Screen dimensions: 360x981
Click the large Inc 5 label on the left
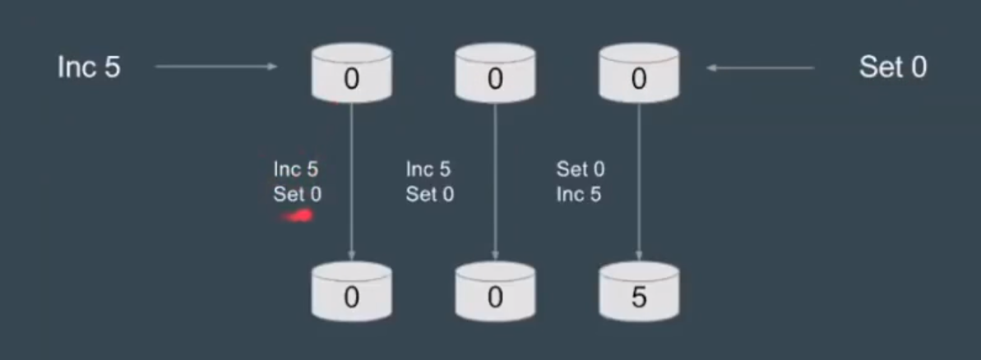click(x=89, y=67)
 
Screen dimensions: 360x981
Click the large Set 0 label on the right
click(x=892, y=67)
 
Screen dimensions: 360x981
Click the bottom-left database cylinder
click(x=352, y=291)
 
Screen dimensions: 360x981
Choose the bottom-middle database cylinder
click(x=495, y=291)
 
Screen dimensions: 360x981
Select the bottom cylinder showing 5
click(x=638, y=291)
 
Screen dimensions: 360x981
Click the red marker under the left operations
click(x=298, y=217)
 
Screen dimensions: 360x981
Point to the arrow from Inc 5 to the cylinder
click(x=215, y=67)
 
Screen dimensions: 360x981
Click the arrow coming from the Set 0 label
click(x=760, y=67)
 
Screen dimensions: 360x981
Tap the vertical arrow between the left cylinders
click(x=352, y=181)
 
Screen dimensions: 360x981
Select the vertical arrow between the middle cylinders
click(x=495, y=181)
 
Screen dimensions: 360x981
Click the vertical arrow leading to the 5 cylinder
click(x=639, y=181)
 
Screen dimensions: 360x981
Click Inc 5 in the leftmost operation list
click(x=296, y=170)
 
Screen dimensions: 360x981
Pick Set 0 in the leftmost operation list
click(x=297, y=195)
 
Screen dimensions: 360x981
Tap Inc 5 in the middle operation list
click(x=428, y=170)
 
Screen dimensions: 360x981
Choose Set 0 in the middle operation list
click(x=429, y=195)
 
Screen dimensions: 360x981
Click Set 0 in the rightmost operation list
click(x=580, y=170)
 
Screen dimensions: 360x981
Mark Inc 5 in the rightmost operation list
click(x=578, y=195)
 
